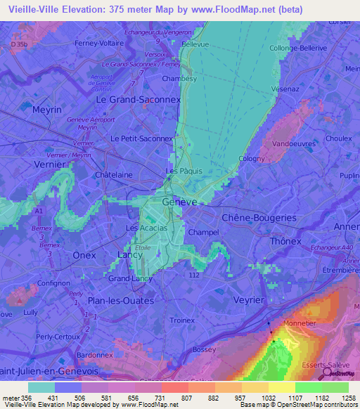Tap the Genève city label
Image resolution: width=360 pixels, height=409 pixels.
(x=179, y=202)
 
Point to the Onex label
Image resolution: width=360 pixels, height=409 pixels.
(x=84, y=256)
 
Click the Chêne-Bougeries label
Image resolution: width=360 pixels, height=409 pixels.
(x=259, y=218)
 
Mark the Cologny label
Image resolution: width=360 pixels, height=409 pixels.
(x=252, y=159)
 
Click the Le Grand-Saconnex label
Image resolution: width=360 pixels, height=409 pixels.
(x=138, y=100)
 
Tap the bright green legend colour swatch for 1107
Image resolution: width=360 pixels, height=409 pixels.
(x=308, y=387)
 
